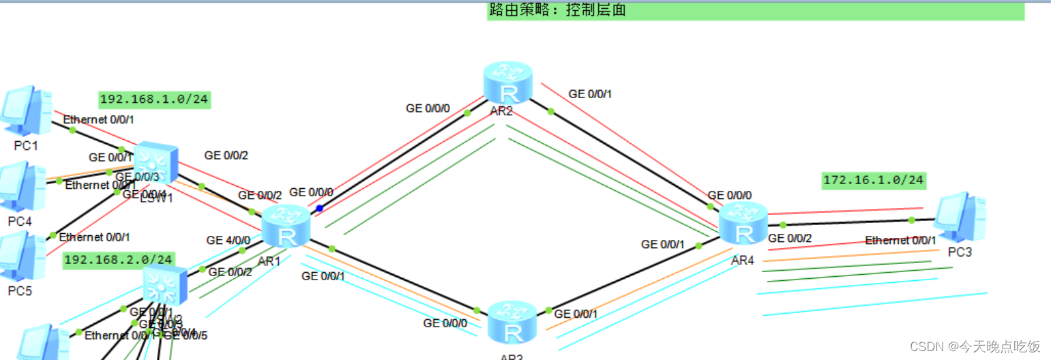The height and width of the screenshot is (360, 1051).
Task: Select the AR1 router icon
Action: pyautogui.click(x=286, y=227)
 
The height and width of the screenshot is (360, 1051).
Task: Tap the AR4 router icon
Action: pyautogui.click(x=743, y=224)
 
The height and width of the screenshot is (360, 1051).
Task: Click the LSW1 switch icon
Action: pyautogui.click(x=156, y=164)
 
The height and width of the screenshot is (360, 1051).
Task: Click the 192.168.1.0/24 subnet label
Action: pyautogui.click(x=154, y=100)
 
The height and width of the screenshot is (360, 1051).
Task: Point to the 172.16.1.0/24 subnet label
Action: pyautogui.click(x=873, y=180)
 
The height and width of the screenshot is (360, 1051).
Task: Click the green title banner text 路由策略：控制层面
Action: pyautogui.click(x=557, y=10)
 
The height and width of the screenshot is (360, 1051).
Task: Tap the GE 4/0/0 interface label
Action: pyautogui.click(x=228, y=240)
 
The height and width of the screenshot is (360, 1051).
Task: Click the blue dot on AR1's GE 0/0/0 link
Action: pyautogui.click(x=319, y=208)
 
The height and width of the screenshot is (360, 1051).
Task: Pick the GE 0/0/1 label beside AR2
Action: pyautogui.click(x=590, y=93)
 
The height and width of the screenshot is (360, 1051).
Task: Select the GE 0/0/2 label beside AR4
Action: pyautogui.click(x=790, y=239)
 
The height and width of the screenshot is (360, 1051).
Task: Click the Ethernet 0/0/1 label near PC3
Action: pyautogui.click(x=900, y=240)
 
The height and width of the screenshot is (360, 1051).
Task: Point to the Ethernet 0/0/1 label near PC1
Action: pyautogui.click(x=99, y=120)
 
